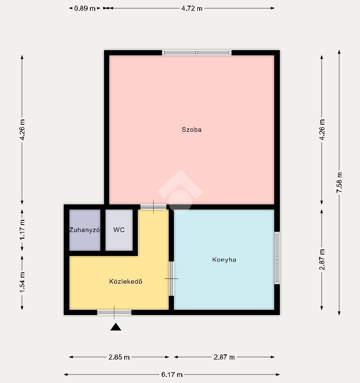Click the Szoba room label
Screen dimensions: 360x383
(191, 129)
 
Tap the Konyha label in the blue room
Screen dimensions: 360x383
(224, 259)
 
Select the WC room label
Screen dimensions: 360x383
(119, 230)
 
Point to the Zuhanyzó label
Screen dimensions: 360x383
(84, 230)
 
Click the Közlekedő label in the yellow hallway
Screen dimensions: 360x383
(126, 281)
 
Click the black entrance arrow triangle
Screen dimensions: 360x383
(116, 327)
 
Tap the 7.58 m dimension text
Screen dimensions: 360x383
(339, 182)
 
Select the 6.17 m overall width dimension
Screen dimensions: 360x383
(172, 375)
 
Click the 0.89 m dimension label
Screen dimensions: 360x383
(84, 8)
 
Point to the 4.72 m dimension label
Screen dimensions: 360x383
(192, 8)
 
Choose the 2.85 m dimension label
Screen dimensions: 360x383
(119, 357)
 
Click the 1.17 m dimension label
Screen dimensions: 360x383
(22, 230)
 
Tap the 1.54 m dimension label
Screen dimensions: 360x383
(22, 282)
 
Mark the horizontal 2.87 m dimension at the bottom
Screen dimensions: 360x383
(224, 357)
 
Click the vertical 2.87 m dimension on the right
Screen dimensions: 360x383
(322, 259)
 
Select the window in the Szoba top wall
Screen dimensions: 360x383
(196, 53)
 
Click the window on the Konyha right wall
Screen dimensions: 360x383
(277, 258)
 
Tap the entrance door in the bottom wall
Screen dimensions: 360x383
(114, 312)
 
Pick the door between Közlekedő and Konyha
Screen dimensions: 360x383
(172, 279)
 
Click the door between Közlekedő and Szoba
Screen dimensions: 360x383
(153, 207)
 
